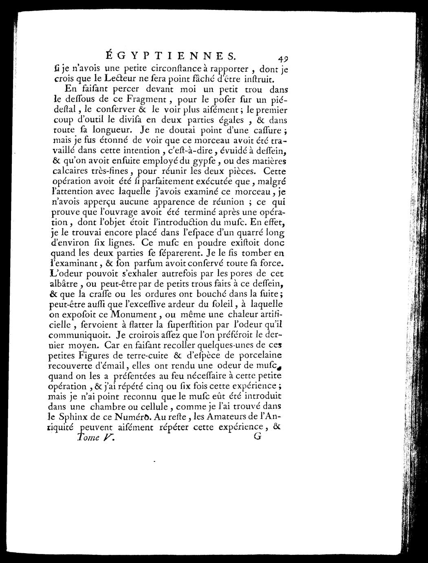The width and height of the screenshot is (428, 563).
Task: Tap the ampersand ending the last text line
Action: (282, 427)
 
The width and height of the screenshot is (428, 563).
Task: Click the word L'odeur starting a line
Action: (65, 273)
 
